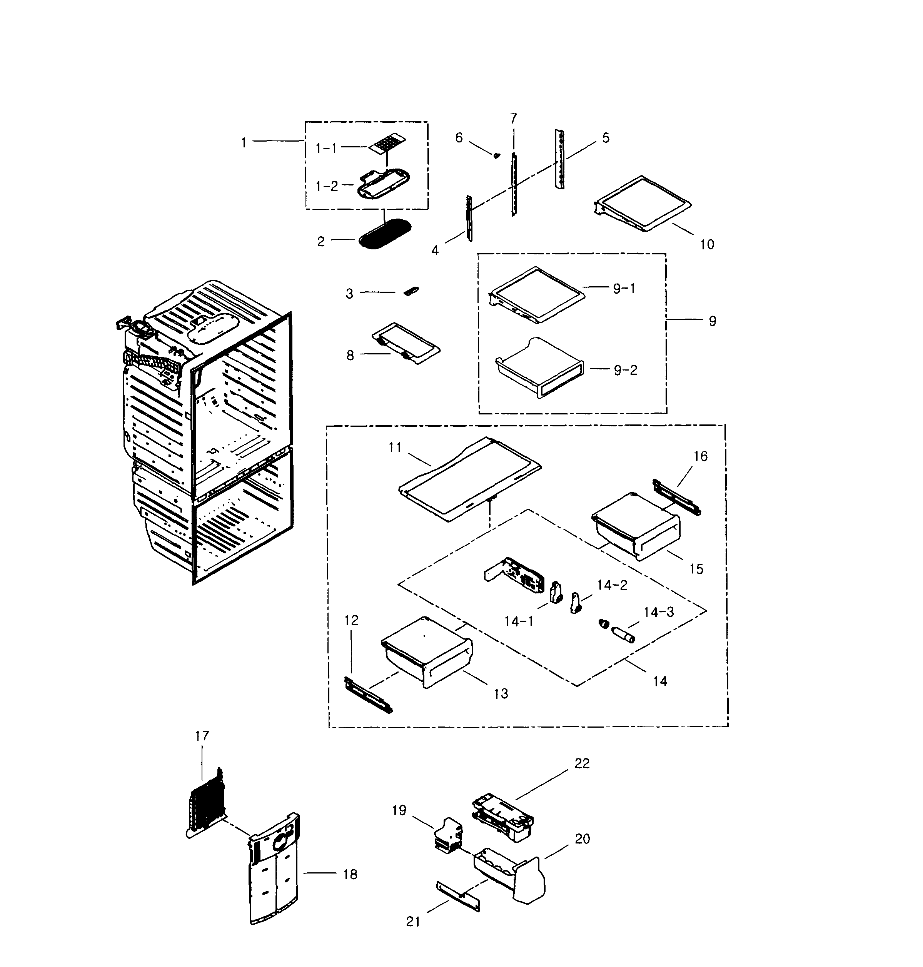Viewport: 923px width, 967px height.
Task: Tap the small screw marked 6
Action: pyautogui.click(x=496, y=155)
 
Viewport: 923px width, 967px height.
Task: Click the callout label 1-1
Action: pyautogui.click(x=326, y=148)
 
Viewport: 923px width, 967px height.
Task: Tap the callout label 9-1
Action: pyautogui.click(x=624, y=288)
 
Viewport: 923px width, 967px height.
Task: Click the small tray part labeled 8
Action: pyautogui.click(x=406, y=343)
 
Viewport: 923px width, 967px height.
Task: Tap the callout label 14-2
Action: pyautogui.click(x=612, y=585)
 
